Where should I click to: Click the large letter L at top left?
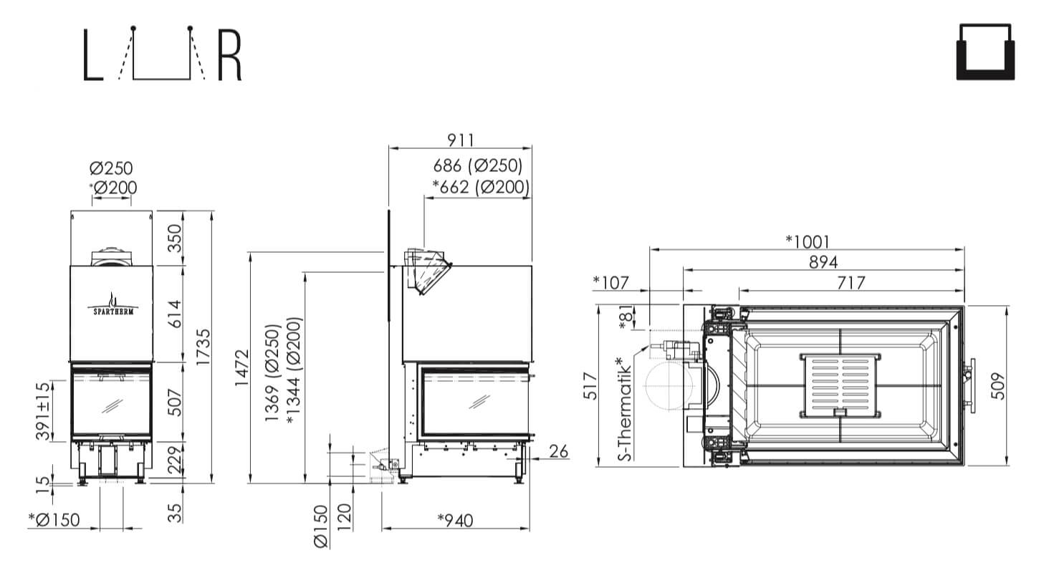[92, 55]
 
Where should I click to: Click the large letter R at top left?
[230, 55]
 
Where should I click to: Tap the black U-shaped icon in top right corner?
[985, 52]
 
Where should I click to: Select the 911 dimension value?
[461, 140]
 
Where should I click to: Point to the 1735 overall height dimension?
[203, 347]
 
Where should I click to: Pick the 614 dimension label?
[174, 314]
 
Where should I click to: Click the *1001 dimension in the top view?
[808, 242]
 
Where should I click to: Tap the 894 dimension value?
[823, 262]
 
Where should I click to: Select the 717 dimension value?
[851, 283]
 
